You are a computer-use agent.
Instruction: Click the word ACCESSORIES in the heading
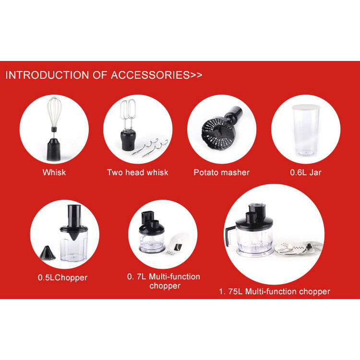pos(150,75)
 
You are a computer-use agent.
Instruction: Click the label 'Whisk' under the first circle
pos(54,172)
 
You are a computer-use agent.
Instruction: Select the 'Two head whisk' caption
pos(138,172)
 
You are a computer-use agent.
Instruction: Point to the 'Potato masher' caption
pos(222,172)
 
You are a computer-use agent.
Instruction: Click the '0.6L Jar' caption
pos(306,172)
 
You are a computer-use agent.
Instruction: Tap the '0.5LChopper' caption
pos(63,277)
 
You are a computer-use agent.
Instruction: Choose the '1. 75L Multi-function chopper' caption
pos(275,291)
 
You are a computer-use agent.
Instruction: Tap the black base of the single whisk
pos(54,149)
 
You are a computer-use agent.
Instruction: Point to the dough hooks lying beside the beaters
pos(150,147)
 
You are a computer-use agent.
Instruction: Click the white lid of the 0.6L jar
pos(306,107)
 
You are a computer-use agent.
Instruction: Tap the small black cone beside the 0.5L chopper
pos(48,252)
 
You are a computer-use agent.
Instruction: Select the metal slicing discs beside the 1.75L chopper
pos(299,248)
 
